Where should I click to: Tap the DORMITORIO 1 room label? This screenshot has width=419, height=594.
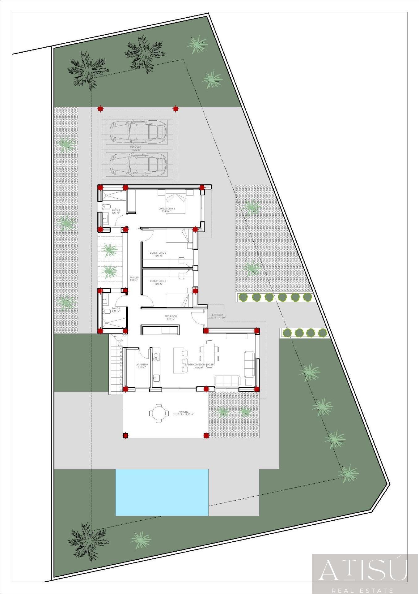pyautogui.click(x=167, y=209)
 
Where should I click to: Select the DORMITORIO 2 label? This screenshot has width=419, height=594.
pyautogui.click(x=158, y=253)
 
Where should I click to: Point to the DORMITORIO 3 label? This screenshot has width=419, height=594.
pyautogui.click(x=158, y=281)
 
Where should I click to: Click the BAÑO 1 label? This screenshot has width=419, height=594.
pyautogui.click(x=116, y=210)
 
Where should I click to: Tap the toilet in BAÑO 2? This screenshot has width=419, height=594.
pyautogui.click(x=105, y=311)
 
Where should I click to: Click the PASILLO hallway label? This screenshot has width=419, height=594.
pyautogui.click(x=134, y=278)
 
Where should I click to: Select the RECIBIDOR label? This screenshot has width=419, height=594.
pyautogui.click(x=170, y=316)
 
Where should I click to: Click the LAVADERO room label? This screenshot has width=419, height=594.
pyautogui.click(x=142, y=365)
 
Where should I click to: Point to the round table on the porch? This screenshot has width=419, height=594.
pyautogui.click(x=159, y=413)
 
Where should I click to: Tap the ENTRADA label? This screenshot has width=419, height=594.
pyautogui.click(x=217, y=315)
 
